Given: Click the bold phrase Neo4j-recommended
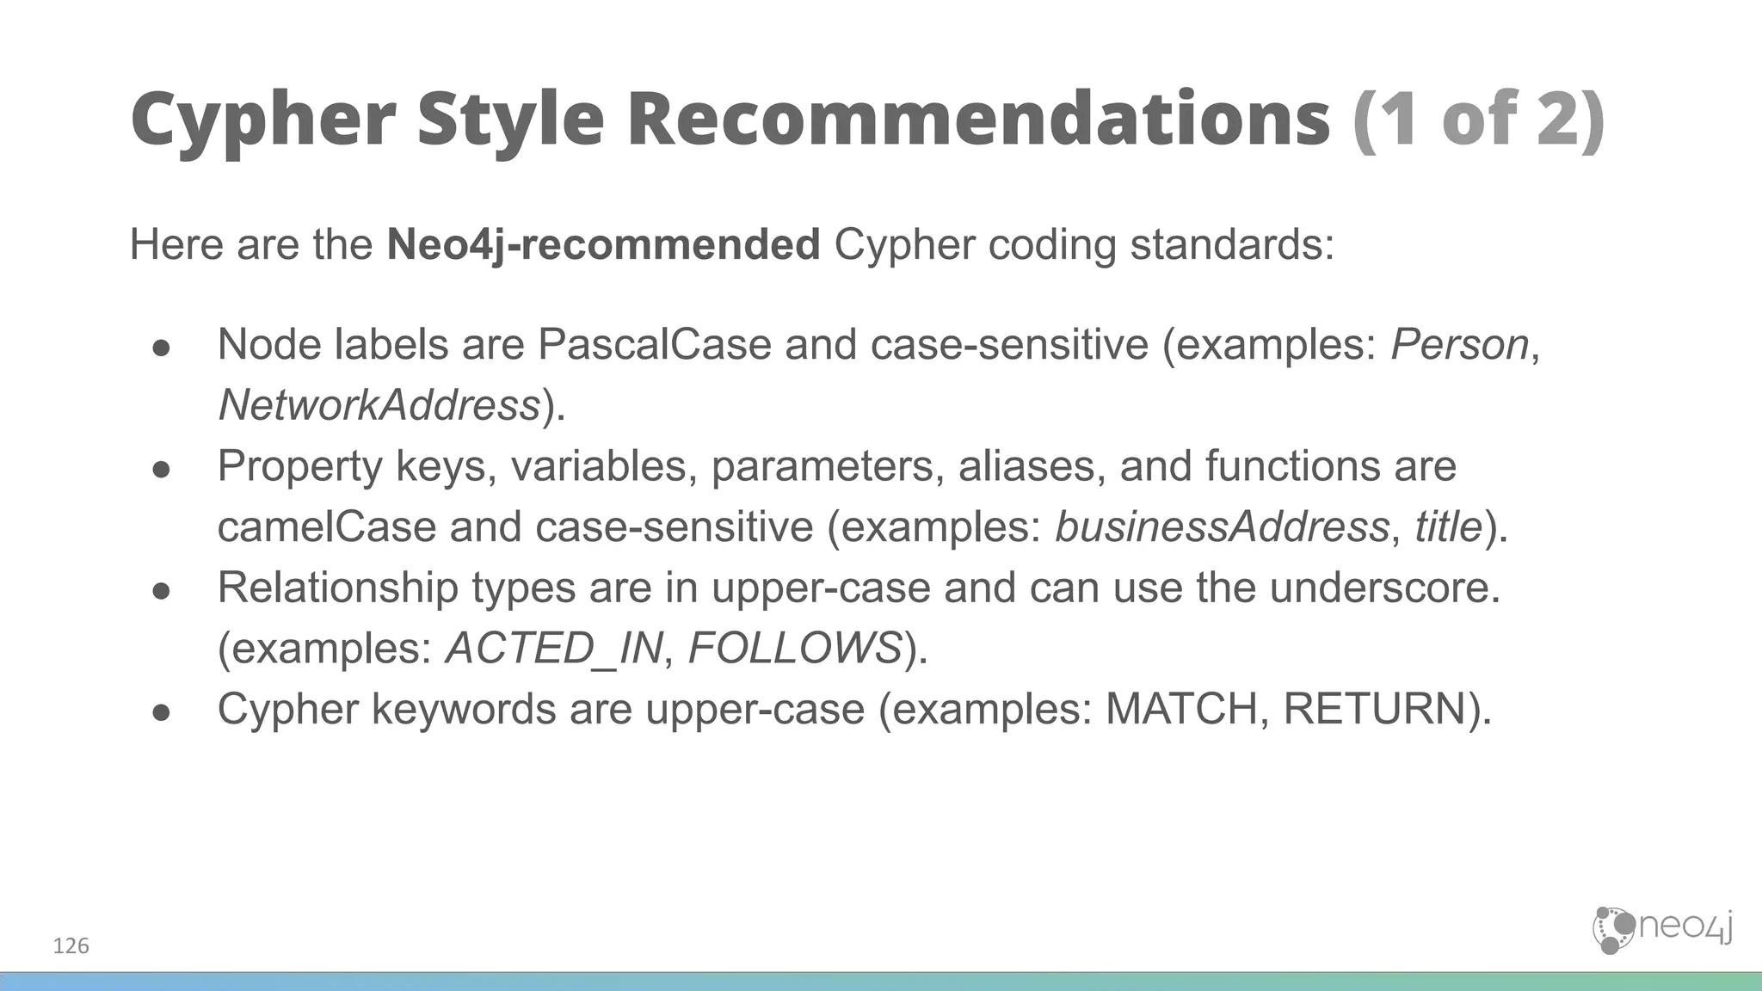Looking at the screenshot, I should pos(603,244).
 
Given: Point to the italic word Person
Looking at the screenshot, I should pos(1459,345).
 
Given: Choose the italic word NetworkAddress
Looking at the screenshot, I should pos(379,405).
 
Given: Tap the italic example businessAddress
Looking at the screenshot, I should pos(1222,526).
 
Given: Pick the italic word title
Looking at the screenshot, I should pos(1449,526).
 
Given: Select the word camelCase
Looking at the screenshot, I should pos(327,526).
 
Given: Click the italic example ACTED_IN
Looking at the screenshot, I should pos(555,648).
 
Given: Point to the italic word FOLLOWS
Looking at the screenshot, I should pos(795,648).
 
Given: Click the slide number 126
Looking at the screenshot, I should pos(71,946).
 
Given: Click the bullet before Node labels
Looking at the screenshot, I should pos(161,348).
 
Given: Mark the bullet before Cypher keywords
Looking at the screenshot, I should pos(161,712).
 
